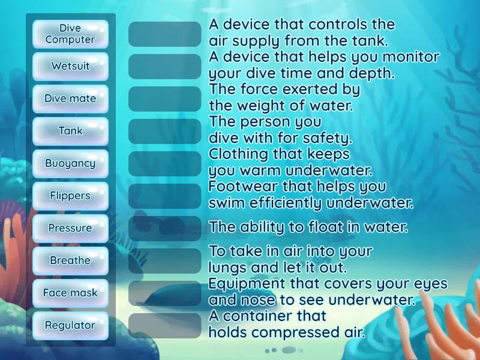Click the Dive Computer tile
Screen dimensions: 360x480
(70, 34)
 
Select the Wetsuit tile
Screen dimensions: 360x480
(70, 66)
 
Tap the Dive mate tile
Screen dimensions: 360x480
(70, 98)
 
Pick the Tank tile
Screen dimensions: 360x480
(70, 131)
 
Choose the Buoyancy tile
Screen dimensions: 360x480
(70, 163)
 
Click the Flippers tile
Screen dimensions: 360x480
(70, 196)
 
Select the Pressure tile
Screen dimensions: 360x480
(70, 228)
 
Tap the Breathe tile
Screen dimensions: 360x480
(70, 260)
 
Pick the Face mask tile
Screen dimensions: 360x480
(70, 293)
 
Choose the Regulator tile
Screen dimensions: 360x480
(70, 325)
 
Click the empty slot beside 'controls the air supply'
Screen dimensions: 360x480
(165, 34)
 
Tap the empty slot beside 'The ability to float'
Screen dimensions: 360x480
(165, 229)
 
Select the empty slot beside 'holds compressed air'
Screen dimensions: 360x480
(165, 326)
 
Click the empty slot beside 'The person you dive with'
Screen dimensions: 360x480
(165, 131)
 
